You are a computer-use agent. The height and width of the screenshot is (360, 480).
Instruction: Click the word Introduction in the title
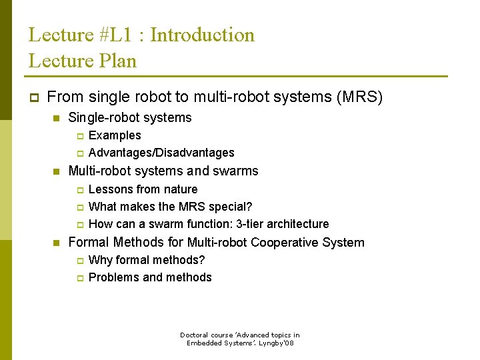[x=203, y=35]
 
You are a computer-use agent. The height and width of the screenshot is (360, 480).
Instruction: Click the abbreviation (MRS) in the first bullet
[x=360, y=97]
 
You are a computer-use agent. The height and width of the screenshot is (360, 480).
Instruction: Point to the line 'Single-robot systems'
[x=130, y=118]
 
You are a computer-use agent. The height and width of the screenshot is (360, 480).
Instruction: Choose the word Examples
[x=115, y=135]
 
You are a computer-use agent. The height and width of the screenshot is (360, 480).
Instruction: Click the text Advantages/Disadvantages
[x=161, y=153]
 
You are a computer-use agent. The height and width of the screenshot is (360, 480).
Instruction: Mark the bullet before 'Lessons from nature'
[x=78, y=190]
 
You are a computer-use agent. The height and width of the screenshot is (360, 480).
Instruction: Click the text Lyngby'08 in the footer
[x=279, y=343]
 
